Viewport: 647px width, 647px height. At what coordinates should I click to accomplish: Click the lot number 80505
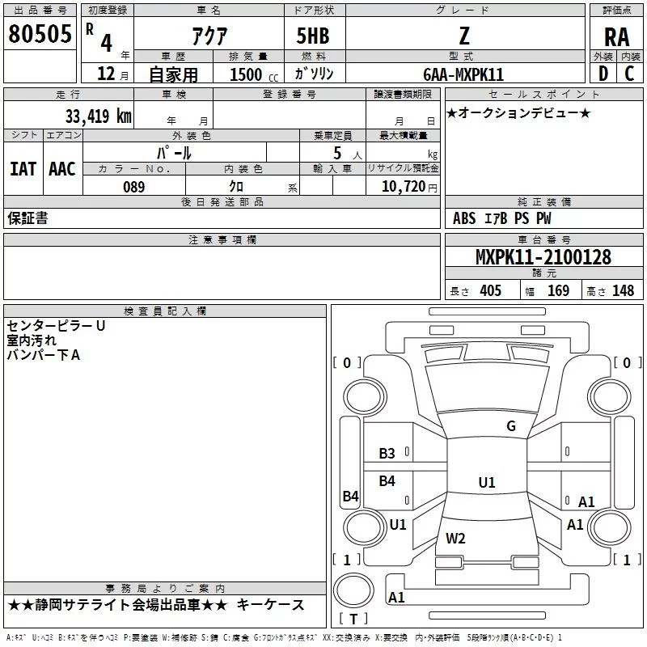click(x=40, y=36)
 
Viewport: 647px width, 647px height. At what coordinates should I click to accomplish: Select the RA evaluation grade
click(x=616, y=36)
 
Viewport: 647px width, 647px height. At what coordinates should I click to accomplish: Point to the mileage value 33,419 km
click(x=98, y=116)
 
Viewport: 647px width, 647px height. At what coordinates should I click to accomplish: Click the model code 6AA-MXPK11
click(x=463, y=74)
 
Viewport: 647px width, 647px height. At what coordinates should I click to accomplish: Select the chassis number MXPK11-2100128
click(x=543, y=257)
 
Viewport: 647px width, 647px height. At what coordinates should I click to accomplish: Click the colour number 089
click(x=134, y=187)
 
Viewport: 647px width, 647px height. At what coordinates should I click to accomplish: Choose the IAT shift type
click(x=23, y=169)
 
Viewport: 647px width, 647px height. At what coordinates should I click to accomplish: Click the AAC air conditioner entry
click(x=62, y=169)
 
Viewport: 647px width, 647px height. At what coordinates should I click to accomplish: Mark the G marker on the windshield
click(x=511, y=426)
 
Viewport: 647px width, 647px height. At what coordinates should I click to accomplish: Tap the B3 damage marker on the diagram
click(x=387, y=454)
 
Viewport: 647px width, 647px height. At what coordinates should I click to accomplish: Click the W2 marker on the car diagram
click(x=456, y=538)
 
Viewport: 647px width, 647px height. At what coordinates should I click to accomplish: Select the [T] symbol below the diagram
click(x=353, y=619)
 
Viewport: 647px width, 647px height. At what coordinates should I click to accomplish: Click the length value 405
click(x=490, y=291)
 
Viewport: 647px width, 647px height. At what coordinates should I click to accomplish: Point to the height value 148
click(x=623, y=291)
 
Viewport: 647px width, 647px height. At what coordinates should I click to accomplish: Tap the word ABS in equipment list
click(x=464, y=218)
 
